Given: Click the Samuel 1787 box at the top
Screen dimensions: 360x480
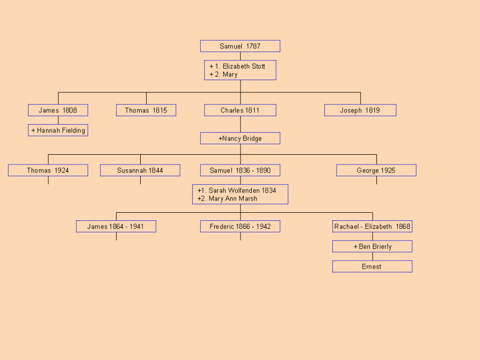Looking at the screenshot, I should click(x=240, y=46).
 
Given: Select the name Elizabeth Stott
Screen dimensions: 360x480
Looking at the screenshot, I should click(x=243, y=67).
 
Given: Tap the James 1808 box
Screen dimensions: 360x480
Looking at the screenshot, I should click(x=58, y=111).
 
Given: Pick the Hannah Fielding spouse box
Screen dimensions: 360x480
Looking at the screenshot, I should click(x=58, y=130).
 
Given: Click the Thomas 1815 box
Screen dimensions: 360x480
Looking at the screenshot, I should click(x=146, y=111).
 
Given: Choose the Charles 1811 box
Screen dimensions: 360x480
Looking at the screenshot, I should click(x=240, y=111).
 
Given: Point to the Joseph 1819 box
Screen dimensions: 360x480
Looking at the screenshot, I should click(x=360, y=111).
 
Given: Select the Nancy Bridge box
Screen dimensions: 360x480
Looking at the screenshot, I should click(x=240, y=138).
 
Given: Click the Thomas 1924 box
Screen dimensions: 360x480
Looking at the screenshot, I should click(x=48, y=171).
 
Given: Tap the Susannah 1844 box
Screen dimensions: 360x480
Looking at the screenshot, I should click(x=140, y=171).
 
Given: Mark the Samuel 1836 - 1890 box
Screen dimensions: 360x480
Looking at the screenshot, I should click(x=240, y=171).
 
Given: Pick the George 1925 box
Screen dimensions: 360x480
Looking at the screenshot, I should click(x=376, y=171).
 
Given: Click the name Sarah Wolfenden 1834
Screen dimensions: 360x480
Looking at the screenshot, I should click(x=242, y=190).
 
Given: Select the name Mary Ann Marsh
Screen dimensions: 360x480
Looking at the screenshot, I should click(x=233, y=199).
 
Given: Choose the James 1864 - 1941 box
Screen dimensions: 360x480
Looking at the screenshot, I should click(x=116, y=227).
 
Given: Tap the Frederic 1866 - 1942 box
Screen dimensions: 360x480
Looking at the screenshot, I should click(x=240, y=227).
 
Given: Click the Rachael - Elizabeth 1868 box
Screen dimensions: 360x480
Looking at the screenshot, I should click(x=372, y=227).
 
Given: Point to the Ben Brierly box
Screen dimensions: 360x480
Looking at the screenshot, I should click(x=372, y=247).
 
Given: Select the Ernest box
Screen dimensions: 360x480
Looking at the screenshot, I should click(x=372, y=267).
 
